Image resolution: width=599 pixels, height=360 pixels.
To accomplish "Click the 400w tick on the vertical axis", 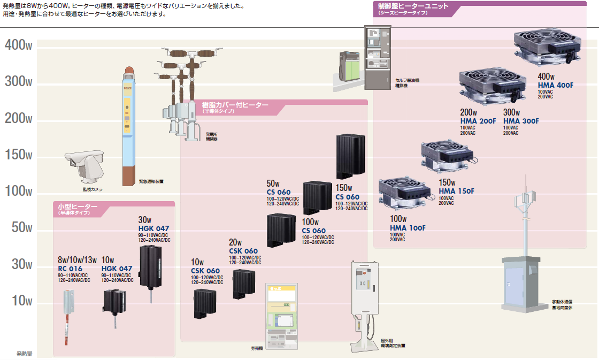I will point(19,45).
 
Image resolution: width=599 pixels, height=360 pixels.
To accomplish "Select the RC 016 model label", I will point(70,269).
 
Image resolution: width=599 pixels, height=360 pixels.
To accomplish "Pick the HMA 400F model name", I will point(556,86).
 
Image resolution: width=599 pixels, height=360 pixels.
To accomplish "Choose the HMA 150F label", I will point(456,191).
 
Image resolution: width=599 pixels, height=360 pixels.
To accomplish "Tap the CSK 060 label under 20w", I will point(243,251).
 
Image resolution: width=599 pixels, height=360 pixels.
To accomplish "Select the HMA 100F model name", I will point(408,228).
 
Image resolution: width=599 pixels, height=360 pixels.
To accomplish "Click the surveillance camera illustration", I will point(85,166).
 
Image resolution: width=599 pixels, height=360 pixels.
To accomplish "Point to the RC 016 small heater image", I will point(68,310).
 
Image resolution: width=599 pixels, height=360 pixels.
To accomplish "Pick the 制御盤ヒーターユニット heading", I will point(413,6).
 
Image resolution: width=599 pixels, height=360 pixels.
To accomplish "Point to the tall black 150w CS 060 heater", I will point(351,156).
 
